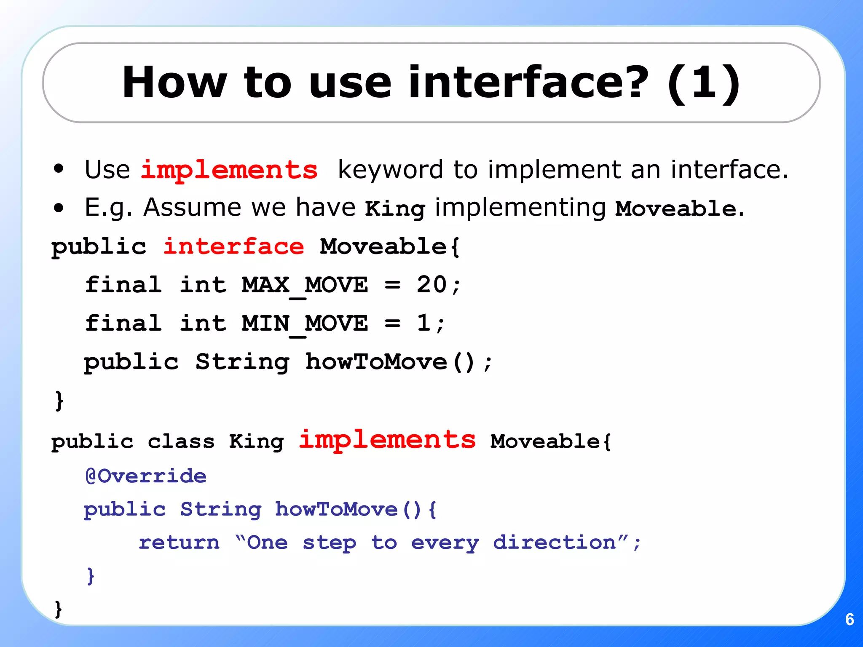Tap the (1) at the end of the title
(703, 83)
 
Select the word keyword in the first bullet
(390, 170)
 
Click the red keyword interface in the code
(233, 247)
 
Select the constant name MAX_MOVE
(305, 285)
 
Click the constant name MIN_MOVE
(305, 324)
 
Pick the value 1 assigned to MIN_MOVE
(423, 323)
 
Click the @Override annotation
(146, 476)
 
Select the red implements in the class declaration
(387, 441)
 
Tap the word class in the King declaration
(181, 442)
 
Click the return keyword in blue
(179, 543)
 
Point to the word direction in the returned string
(555, 543)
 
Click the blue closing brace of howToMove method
(90, 575)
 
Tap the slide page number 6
(850, 619)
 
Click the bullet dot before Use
(59, 169)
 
